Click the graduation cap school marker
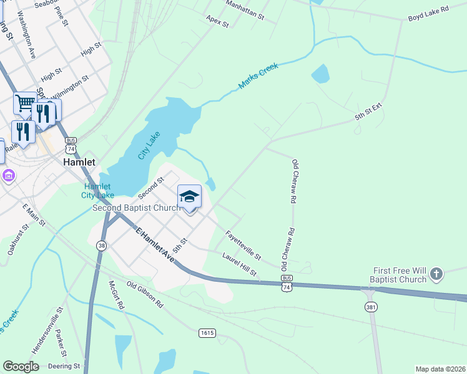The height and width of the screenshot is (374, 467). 189,198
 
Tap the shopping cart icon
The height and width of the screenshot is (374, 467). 25,103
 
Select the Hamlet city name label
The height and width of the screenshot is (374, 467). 79,161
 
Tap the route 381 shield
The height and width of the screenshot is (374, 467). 371,307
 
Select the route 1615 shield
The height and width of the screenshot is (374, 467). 207,333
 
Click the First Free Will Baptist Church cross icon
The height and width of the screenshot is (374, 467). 436,273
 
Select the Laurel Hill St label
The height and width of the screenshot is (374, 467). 240,264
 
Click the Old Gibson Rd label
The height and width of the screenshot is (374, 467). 144,294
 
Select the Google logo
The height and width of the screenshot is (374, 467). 21,367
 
